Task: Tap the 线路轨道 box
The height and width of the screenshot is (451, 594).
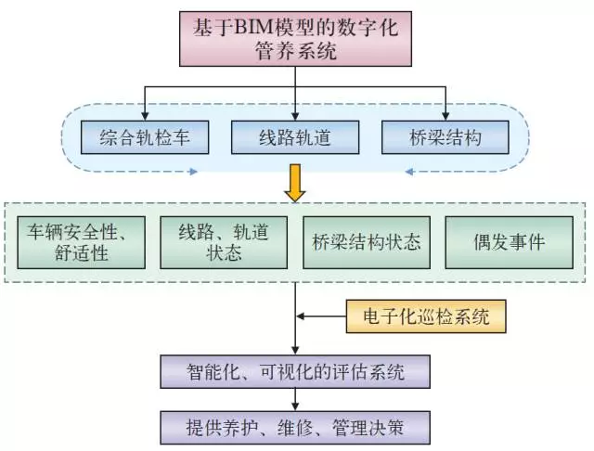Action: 295,138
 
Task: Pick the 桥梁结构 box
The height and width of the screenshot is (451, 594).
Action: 445,138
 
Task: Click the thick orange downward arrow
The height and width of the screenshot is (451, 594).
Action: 295,180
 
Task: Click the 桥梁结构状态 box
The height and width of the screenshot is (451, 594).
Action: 368,241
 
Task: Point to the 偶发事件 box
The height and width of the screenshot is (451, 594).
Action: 509,241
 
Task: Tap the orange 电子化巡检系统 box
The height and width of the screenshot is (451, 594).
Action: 427,317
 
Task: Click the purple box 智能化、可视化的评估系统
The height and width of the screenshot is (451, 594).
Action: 295,372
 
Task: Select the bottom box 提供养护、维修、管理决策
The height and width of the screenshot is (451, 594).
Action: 295,426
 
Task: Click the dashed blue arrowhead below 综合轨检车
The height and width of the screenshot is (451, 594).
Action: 192,172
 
